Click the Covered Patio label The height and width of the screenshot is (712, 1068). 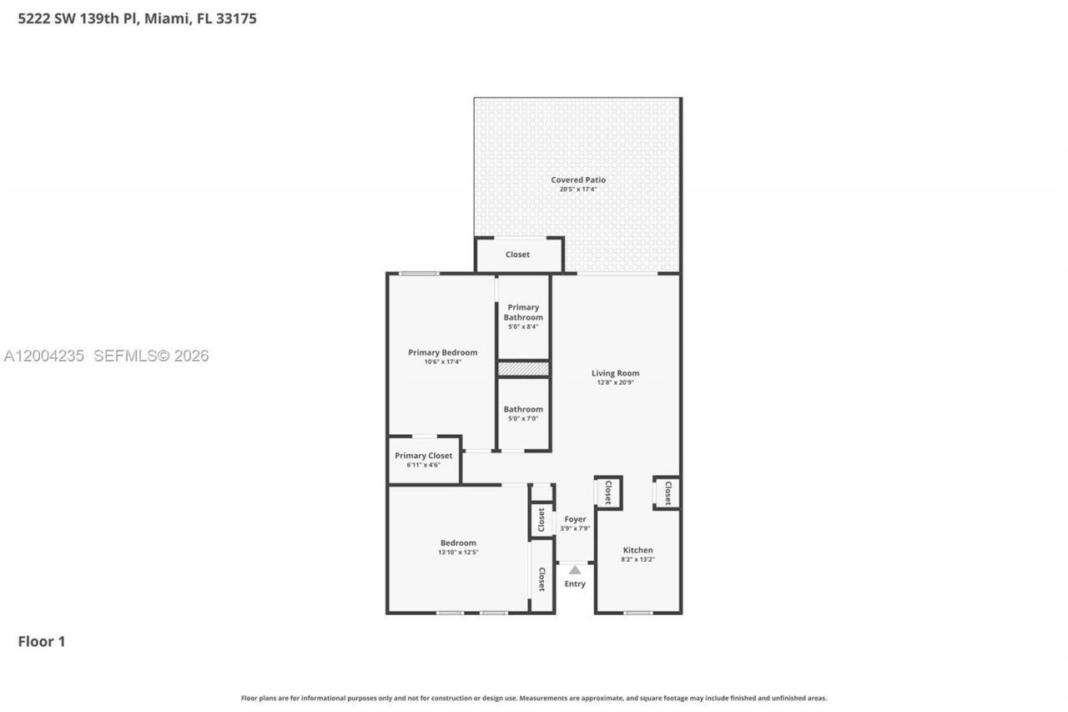pyautogui.click(x=577, y=179)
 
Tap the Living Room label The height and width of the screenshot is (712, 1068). pyautogui.click(x=615, y=373)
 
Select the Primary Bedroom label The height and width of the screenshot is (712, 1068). pyautogui.click(x=442, y=352)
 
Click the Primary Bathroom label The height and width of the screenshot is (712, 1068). pyautogui.click(x=523, y=312)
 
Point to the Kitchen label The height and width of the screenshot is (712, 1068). pyautogui.click(x=637, y=550)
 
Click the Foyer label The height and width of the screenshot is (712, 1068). pyautogui.click(x=575, y=519)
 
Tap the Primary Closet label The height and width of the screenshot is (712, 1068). pyautogui.click(x=423, y=456)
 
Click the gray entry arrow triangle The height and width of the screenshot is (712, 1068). pyautogui.click(x=575, y=569)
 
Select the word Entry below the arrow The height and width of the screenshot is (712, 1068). pyautogui.click(x=575, y=583)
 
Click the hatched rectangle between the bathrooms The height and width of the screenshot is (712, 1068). pyautogui.click(x=523, y=368)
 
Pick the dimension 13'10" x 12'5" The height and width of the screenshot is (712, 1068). pyautogui.click(x=458, y=553)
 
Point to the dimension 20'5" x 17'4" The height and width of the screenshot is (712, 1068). pyautogui.click(x=577, y=189)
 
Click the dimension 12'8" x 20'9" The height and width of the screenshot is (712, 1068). pyautogui.click(x=615, y=383)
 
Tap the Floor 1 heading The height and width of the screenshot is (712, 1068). pyautogui.click(x=42, y=641)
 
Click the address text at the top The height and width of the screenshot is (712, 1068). pyautogui.click(x=137, y=18)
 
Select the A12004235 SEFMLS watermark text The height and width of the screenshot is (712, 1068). pyautogui.click(x=106, y=356)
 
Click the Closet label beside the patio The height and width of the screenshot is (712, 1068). pyautogui.click(x=517, y=255)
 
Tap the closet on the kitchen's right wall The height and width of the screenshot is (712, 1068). pyautogui.click(x=667, y=493)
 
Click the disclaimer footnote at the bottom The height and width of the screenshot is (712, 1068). pyautogui.click(x=534, y=698)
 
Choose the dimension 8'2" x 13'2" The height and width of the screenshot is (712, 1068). pyautogui.click(x=637, y=559)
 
